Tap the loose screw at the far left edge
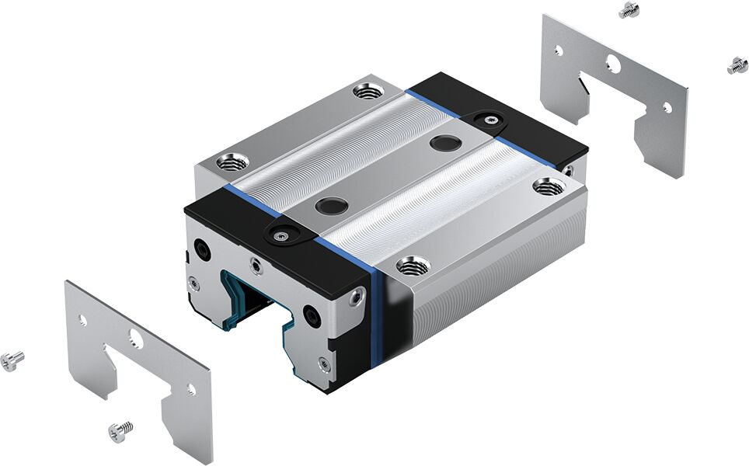pyautogui.click(x=12, y=360)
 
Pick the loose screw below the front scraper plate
pyautogui.click(x=120, y=428)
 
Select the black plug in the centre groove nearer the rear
pyautogui.click(x=444, y=143)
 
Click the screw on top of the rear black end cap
pyautogui.click(x=489, y=118)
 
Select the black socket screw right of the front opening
pyautogui.click(x=311, y=316)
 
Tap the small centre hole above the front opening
pyautogui.click(x=254, y=264)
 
